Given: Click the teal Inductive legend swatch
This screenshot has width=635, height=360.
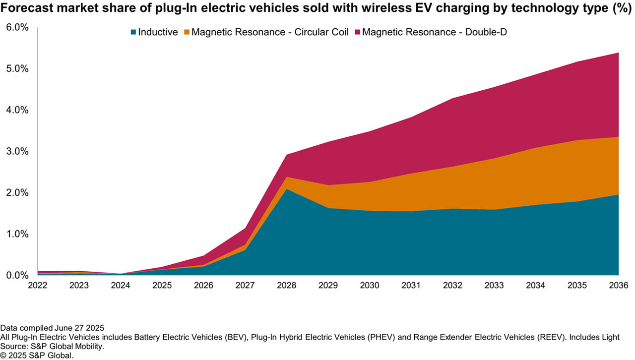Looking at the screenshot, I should point(133,32).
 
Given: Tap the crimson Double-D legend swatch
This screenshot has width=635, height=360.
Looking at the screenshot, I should point(358,32).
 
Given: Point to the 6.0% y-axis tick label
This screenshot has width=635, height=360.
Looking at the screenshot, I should point(17,27).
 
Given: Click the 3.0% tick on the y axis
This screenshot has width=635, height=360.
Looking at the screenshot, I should point(17,151).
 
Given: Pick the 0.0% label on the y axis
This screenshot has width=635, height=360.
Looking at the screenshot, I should point(17,275).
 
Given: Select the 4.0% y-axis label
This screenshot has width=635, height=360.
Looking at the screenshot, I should point(17,110).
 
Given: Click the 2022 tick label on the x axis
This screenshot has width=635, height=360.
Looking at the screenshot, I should point(38,286).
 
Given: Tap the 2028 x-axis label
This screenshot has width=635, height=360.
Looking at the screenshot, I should point(287,286).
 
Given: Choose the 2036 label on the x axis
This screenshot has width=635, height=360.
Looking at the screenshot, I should point(618,286).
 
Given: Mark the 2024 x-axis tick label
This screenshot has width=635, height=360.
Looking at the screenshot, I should point(121,286).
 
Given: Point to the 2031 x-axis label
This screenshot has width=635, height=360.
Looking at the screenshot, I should point(411,286).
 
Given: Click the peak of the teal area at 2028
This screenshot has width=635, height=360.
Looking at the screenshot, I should point(287,189).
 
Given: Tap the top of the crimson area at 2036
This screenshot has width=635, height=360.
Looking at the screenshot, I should point(618,53).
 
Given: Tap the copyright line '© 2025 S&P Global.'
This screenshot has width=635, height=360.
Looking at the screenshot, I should point(37,355).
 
